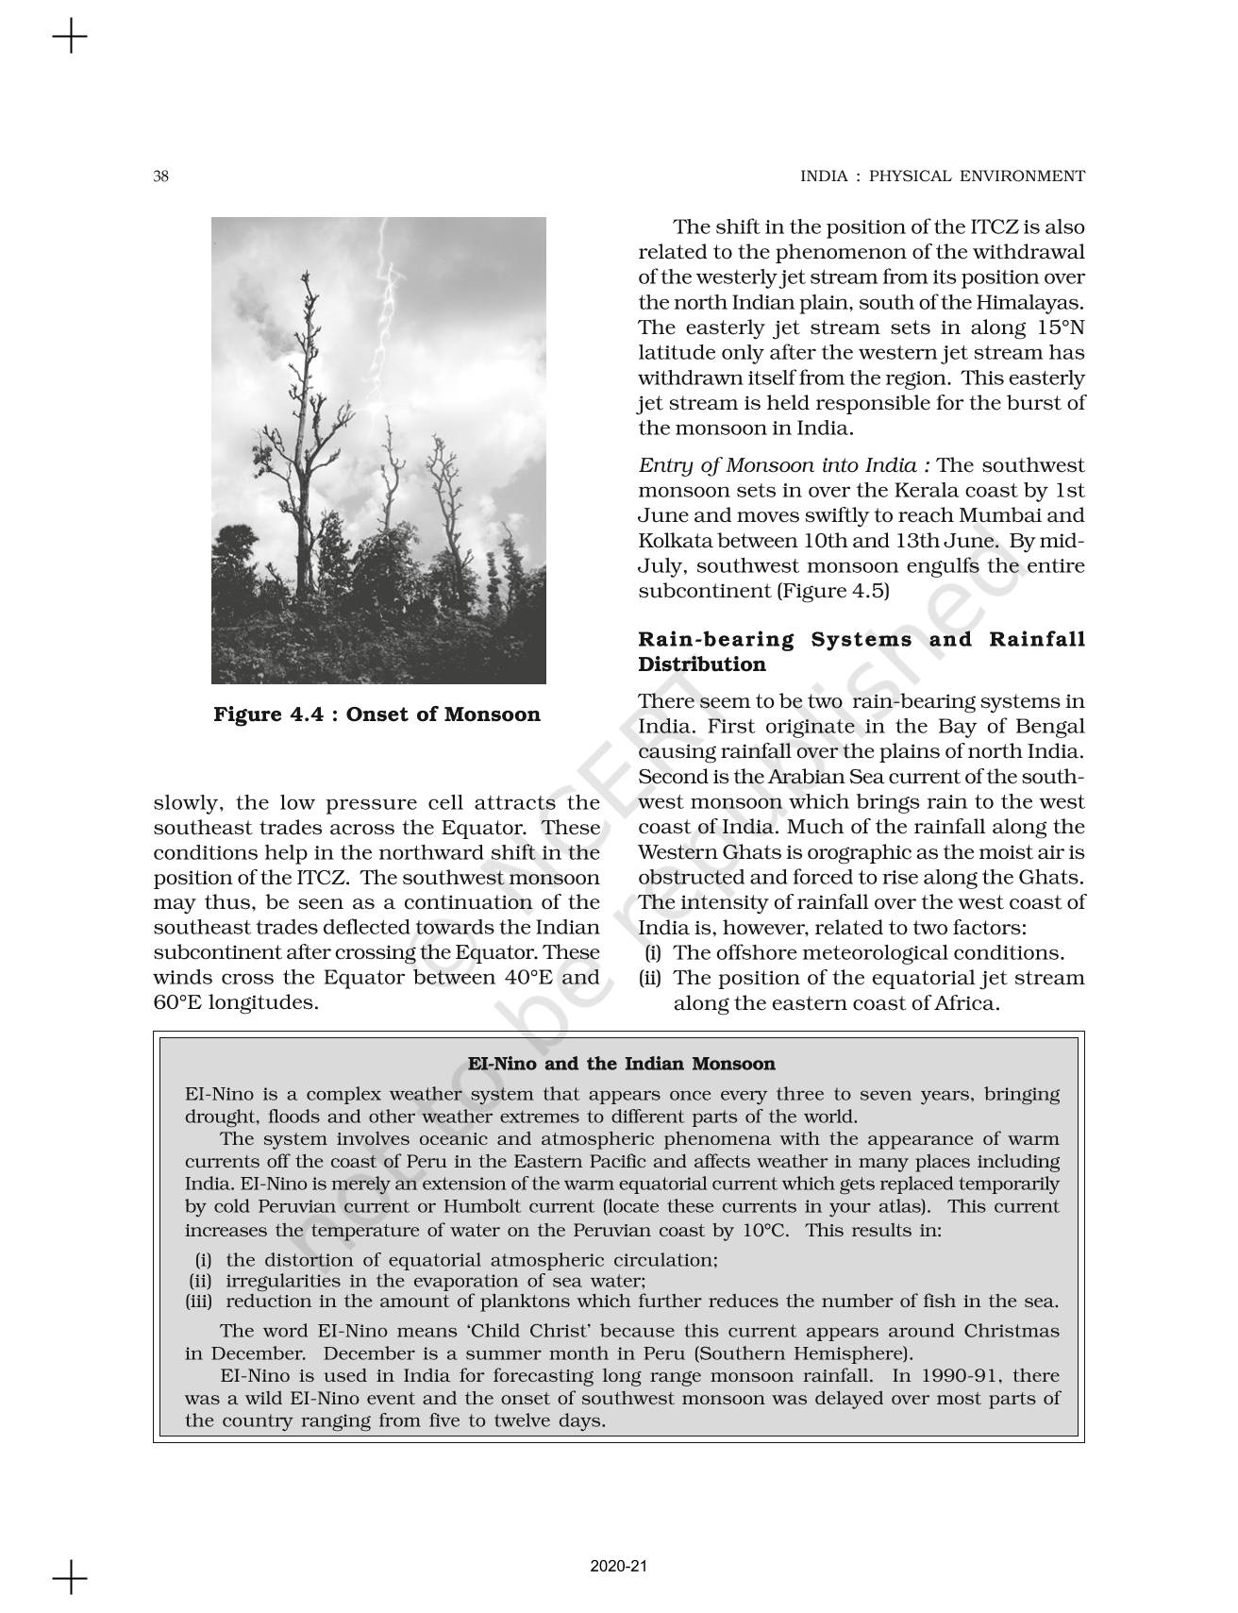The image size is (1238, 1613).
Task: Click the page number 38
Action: pos(161,176)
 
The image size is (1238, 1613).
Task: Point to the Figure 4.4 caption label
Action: pos(376,714)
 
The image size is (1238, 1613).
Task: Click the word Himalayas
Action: pos(1035,303)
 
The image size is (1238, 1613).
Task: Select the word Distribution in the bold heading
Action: pos(702,664)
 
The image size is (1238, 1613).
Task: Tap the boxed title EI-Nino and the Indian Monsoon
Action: pos(621,1064)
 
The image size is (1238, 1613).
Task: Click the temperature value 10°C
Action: pos(766,1230)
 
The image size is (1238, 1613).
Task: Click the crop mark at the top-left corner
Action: pos(69,39)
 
